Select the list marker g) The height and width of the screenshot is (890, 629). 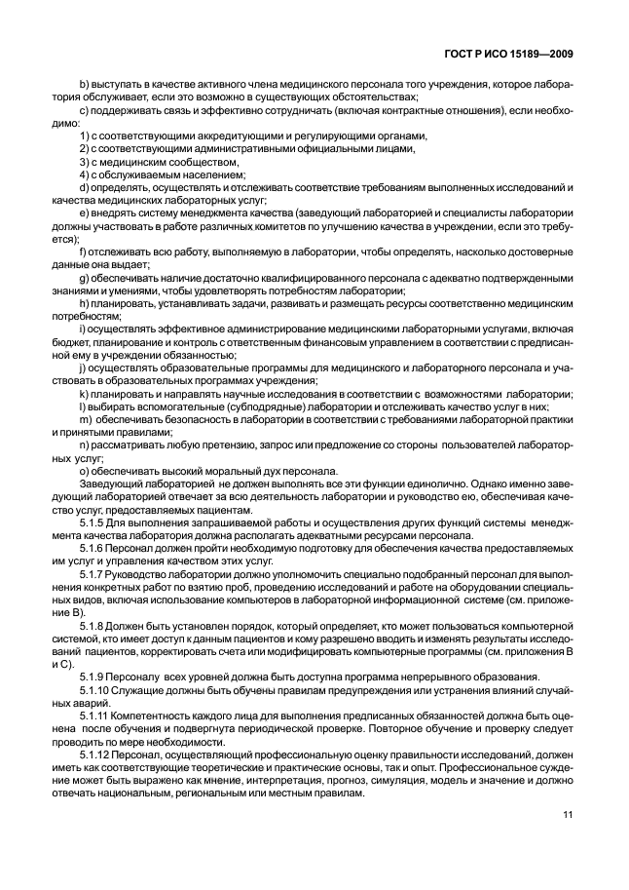pyautogui.click(x=85, y=277)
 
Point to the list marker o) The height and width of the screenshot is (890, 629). pyautogui.click(x=85, y=469)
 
